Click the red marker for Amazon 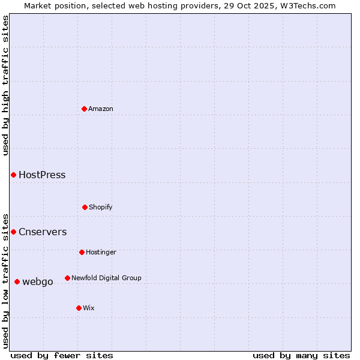(x=85, y=109)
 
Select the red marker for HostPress (x=13, y=175)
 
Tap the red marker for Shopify (x=85, y=207)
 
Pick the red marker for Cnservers (x=13, y=232)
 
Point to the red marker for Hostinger (x=82, y=252)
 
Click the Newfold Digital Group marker (x=67, y=278)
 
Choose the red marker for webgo (x=17, y=281)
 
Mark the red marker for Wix (x=79, y=308)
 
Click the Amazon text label (x=101, y=109)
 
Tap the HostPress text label (x=42, y=175)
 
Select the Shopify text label (x=101, y=208)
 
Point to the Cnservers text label (x=43, y=232)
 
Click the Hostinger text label (x=101, y=253)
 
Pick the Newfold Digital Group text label (x=106, y=278)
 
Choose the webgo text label (x=38, y=282)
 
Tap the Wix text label (x=89, y=308)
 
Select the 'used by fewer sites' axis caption (x=62, y=355)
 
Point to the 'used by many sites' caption (x=301, y=355)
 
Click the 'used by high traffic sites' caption (x=5, y=85)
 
